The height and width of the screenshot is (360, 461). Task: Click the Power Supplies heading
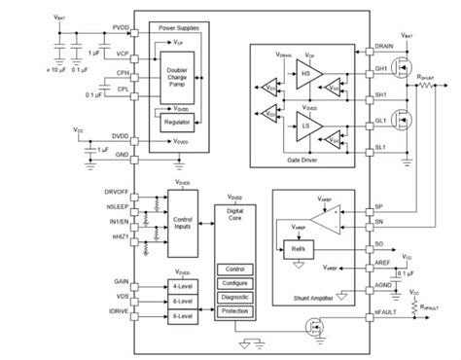pos(173,29)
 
